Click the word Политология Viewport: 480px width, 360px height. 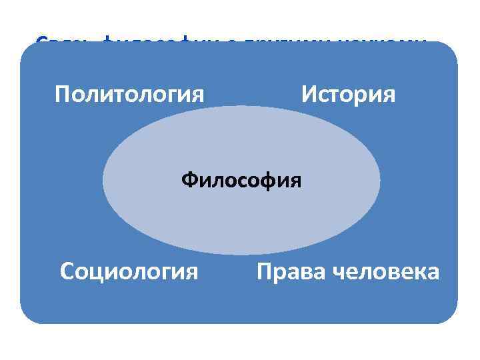click(x=129, y=94)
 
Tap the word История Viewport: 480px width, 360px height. click(x=348, y=94)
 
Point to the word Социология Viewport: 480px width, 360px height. click(x=129, y=271)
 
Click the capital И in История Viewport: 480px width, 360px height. click(x=309, y=94)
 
